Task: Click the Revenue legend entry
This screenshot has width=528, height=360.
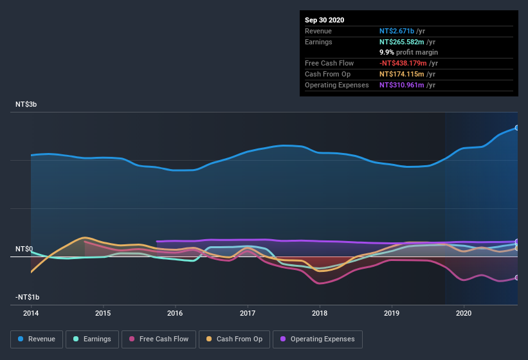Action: tap(37, 339)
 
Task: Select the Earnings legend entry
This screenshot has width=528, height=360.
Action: tap(92, 339)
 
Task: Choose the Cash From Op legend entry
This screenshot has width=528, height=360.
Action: tap(235, 339)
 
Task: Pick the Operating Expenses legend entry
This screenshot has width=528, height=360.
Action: tap(318, 339)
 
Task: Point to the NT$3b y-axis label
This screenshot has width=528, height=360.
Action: tap(26, 104)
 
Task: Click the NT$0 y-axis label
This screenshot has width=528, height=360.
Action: tap(24, 249)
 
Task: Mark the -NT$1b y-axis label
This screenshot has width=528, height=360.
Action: tap(28, 297)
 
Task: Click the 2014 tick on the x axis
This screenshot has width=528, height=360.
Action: tap(31, 313)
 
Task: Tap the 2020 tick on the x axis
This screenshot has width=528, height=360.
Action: tap(463, 313)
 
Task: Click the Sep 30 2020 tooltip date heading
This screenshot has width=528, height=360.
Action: tap(325, 20)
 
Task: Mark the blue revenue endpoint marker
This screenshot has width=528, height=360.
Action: tap(517, 128)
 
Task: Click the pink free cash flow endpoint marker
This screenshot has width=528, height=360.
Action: tap(517, 278)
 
